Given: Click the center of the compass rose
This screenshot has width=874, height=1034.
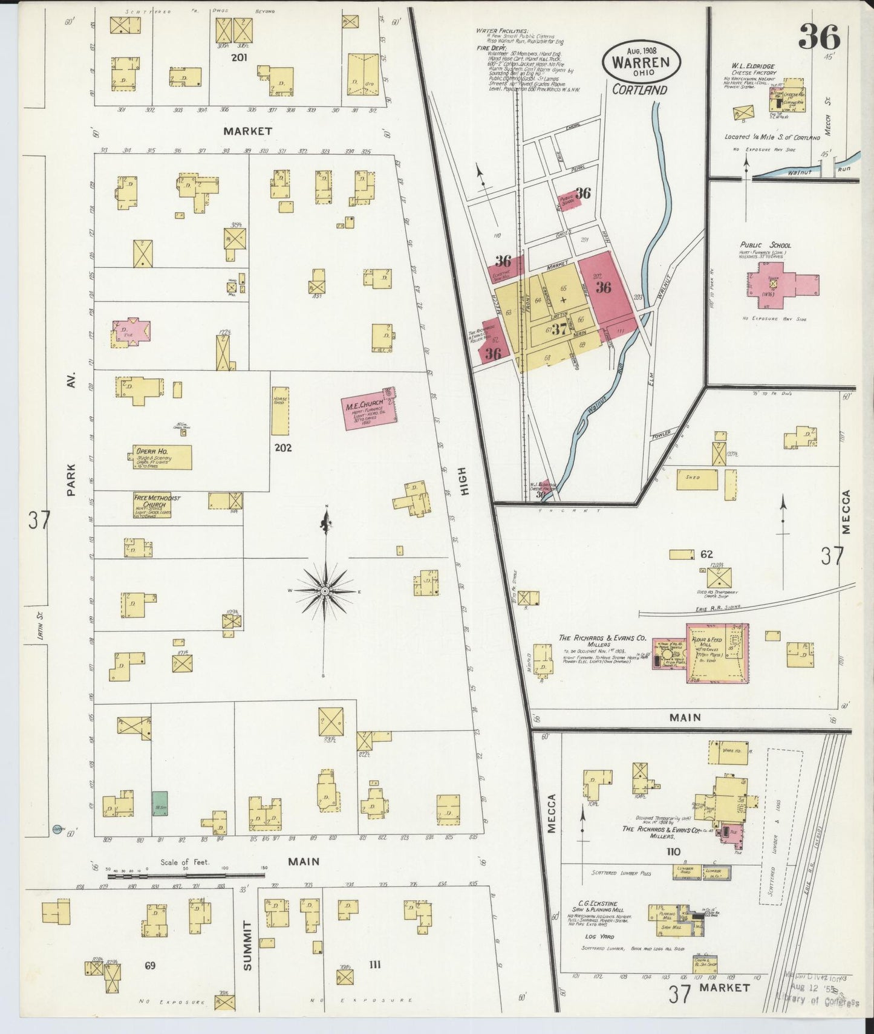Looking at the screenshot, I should pyautogui.click(x=325, y=590).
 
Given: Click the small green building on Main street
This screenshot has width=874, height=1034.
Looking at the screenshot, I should pyautogui.click(x=160, y=802).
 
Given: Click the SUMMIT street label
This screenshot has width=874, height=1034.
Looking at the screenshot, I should pyautogui.click(x=247, y=946).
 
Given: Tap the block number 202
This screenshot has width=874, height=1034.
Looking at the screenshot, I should pyautogui.click(x=283, y=447).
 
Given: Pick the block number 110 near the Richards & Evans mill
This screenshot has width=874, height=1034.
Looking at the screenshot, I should pyautogui.click(x=673, y=851).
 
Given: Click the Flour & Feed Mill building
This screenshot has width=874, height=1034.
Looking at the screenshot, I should pyautogui.click(x=717, y=653).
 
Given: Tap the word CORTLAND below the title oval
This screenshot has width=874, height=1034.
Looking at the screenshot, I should pyautogui.click(x=639, y=89).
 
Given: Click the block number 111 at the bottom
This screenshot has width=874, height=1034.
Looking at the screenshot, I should pyautogui.click(x=374, y=964).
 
